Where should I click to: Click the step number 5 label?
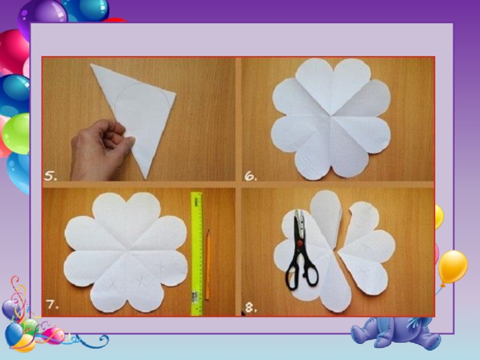pos(50,176)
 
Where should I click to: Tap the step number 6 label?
pos(251,176)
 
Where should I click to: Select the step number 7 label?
pos(52,304)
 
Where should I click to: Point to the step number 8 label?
pos(251,307)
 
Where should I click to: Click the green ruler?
pos(197,253)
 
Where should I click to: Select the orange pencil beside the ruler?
pos(208,264)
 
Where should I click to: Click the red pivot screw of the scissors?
pos(300,244)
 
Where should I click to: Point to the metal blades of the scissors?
pos(299,225)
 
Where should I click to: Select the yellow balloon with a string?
pos(452,268)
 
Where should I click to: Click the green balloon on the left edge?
pos(16,133)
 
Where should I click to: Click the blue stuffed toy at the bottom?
pos(398,333)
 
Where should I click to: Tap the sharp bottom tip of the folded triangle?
pos(146,179)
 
